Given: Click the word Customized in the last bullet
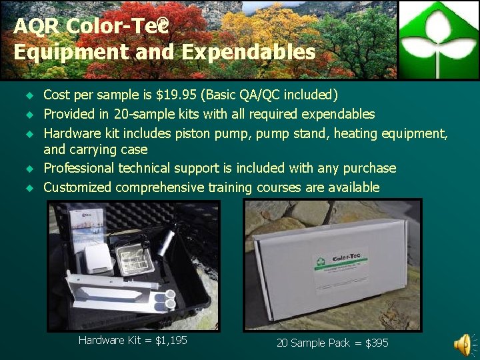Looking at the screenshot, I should pos(77,187).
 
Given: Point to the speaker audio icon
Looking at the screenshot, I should pos(462,344).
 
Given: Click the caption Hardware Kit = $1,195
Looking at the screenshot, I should pos(133,341).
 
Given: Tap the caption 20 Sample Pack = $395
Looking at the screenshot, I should pos(332,343).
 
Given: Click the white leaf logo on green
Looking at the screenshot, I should pos(439,39).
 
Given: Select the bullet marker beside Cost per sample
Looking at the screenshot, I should pos(29,96).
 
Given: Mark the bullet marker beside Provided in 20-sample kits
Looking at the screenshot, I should pos(29,115).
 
